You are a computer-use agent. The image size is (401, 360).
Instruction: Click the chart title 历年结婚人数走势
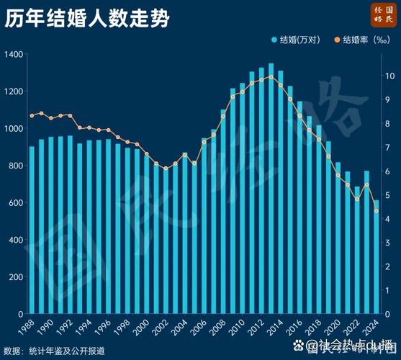tap(87, 19)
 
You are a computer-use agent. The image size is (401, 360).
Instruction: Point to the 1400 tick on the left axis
tap(13, 55)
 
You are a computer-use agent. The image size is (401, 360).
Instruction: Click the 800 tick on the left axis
tap(14, 166)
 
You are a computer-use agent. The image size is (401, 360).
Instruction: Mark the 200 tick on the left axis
tap(14, 277)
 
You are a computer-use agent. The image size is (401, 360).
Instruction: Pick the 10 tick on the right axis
tap(388, 76)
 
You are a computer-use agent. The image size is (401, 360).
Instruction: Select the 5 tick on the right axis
tap(388, 195)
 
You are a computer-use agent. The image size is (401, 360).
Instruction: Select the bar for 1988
tap(32, 230)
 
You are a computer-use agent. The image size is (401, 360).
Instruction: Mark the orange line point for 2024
tap(376, 211)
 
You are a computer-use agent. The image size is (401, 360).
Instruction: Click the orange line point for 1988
tap(32, 115)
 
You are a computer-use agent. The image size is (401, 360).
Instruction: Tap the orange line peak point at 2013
tap(271, 77)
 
